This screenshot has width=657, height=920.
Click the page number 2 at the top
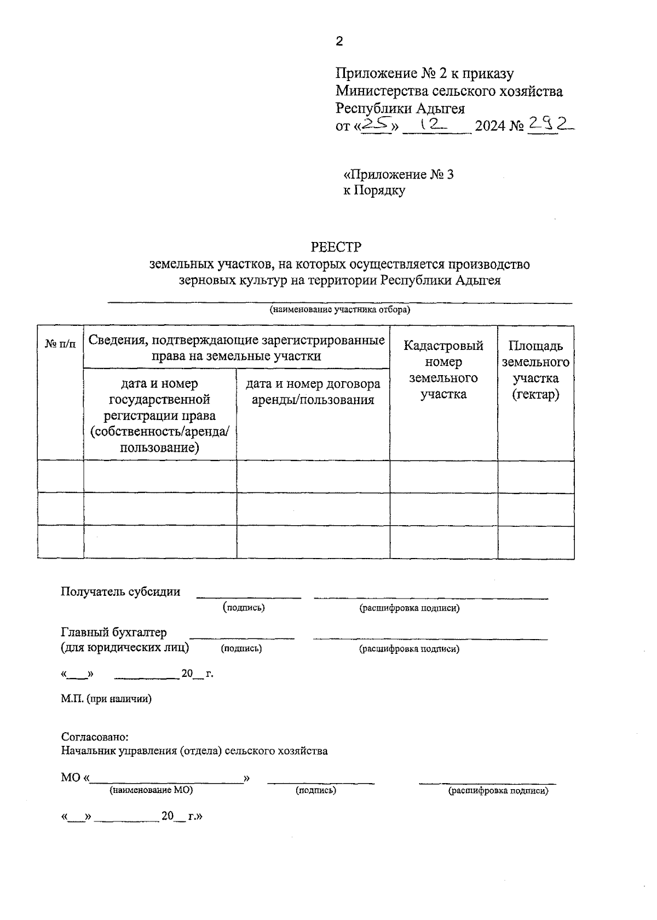(x=339, y=42)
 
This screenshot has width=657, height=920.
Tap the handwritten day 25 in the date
(x=376, y=126)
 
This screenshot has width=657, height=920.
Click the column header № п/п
(x=60, y=344)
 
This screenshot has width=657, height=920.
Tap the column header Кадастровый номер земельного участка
(x=443, y=370)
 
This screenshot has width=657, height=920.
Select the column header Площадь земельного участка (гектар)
(x=535, y=370)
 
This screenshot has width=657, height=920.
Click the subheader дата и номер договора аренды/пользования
(x=313, y=392)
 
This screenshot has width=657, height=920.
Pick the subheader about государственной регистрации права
(x=160, y=415)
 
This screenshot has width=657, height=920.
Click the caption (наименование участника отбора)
(x=339, y=310)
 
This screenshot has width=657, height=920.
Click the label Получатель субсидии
(x=120, y=591)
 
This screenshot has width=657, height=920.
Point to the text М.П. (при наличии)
(x=106, y=699)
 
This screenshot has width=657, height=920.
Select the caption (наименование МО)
(x=151, y=791)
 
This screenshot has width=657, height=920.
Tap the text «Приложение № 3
(x=399, y=175)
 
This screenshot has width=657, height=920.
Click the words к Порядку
(x=374, y=191)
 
